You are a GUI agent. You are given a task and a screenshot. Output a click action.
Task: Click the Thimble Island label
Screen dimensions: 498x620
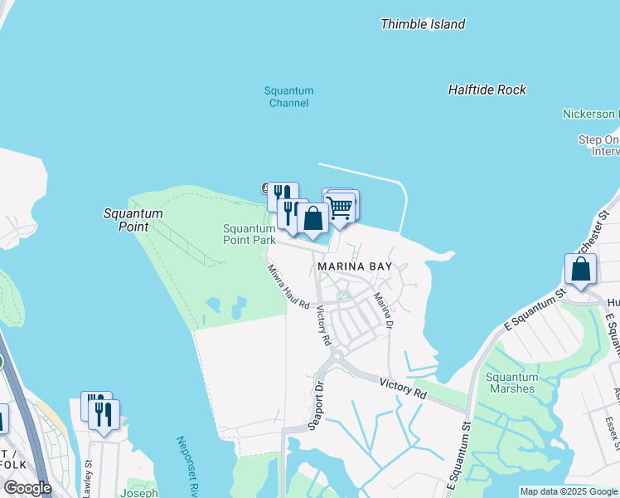click(x=422, y=24)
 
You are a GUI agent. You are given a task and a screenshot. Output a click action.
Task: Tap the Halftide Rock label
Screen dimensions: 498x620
click(x=487, y=90)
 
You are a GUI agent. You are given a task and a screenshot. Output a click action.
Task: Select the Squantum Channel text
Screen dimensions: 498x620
click(x=288, y=97)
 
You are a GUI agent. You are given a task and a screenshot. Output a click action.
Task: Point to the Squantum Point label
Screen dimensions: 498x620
click(x=133, y=220)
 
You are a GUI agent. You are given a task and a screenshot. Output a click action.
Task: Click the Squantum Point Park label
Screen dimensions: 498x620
click(x=249, y=234)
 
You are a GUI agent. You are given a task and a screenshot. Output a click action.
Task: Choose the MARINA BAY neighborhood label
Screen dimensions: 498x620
click(x=355, y=266)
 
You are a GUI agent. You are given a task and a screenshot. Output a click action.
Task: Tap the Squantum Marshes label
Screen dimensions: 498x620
click(x=511, y=383)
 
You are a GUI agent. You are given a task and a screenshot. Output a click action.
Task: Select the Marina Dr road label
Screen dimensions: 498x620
click(x=381, y=309)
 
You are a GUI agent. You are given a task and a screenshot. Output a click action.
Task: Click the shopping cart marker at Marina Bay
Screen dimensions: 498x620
click(x=340, y=208)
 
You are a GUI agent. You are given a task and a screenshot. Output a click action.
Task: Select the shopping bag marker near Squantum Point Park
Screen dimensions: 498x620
click(x=312, y=219)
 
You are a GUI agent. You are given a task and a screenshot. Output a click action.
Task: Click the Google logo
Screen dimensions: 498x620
click(x=27, y=488)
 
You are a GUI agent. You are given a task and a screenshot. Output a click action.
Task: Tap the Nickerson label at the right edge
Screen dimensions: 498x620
click(x=589, y=114)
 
